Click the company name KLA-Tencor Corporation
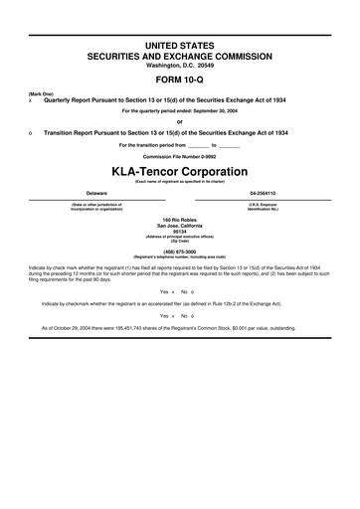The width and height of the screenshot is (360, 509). (x=180, y=170)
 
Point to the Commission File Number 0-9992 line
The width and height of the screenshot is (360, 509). (x=180, y=156)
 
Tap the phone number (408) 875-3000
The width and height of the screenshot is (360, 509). (x=180, y=252)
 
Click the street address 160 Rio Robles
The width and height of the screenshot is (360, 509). (x=180, y=218)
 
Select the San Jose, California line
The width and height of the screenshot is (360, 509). (x=180, y=224)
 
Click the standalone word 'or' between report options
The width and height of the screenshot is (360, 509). (x=180, y=121)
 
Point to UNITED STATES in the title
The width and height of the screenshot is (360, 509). (x=180, y=47)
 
